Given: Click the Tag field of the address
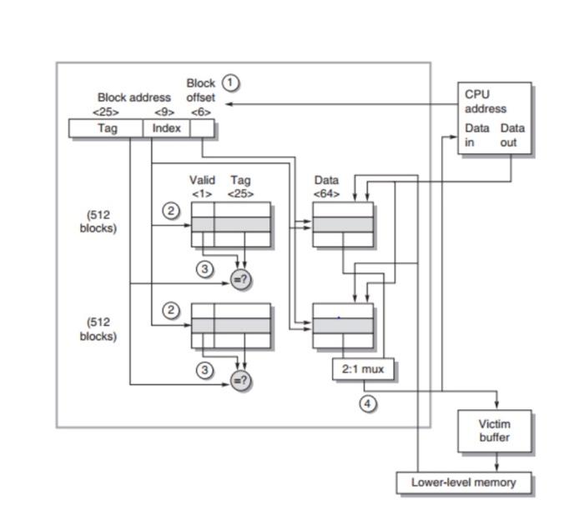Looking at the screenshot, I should (107, 128).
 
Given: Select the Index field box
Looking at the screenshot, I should (166, 128).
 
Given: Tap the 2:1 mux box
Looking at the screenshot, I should (363, 369).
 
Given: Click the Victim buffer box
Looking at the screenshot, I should (494, 431).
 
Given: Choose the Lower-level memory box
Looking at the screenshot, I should (463, 482).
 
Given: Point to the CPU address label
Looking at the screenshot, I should (485, 102).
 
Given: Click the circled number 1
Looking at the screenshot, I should (230, 82).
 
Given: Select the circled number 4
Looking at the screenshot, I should (367, 403).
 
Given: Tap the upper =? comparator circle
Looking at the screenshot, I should (240, 280).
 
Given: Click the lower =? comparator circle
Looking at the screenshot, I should (240, 381).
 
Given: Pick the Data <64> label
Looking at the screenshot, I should (326, 187).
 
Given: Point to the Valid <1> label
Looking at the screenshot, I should (202, 187).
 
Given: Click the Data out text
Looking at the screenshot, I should (512, 135).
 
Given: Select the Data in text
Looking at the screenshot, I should (476, 135).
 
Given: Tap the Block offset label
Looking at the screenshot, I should (200, 90).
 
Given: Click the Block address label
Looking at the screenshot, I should (133, 97).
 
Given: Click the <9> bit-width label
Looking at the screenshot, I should (164, 112).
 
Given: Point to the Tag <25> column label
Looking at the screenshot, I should (240, 187).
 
